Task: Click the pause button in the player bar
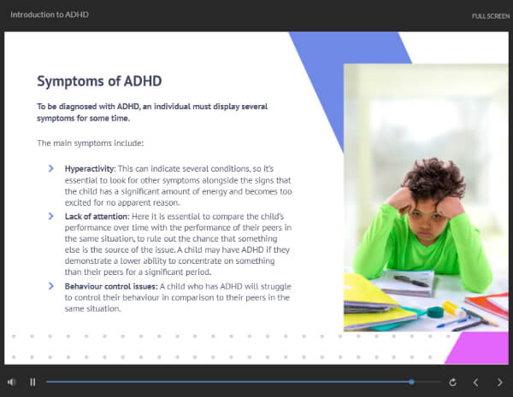click(32, 382)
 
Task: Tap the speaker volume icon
click(11, 382)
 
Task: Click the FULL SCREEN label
click(491, 16)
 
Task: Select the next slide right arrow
click(499, 382)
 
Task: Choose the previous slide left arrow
click(475, 382)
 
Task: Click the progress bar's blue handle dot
click(411, 382)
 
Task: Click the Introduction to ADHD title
click(50, 15)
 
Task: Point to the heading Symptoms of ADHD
click(99, 81)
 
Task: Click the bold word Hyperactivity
click(90, 169)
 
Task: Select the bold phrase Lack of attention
click(97, 217)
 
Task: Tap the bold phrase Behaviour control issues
click(111, 287)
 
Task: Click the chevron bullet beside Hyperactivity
click(51, 168)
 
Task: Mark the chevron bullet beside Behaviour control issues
click(51, 286)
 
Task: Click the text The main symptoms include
click(91, 143)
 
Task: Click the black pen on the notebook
click(411, 281)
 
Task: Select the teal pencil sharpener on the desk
click(435, 312)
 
